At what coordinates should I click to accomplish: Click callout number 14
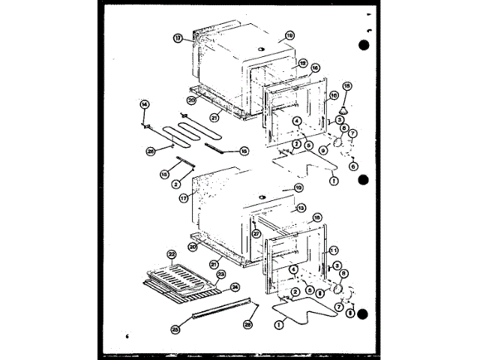point(145,104)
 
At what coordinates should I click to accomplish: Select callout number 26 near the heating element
point(151,150)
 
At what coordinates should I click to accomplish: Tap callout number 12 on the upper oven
point(304,64)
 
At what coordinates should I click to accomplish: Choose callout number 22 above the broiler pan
point(172,256)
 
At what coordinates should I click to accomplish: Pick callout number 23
point(220,274)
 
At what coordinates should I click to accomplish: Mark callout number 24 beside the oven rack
point(235,286)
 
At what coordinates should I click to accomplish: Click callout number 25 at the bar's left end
point(175,329)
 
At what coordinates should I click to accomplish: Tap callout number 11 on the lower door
point(334,250)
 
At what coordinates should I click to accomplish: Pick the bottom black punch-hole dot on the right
point(363,316)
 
